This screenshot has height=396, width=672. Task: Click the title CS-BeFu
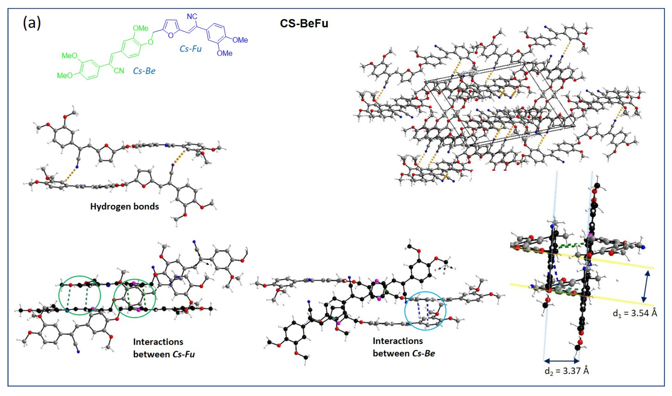[x=304, y=24]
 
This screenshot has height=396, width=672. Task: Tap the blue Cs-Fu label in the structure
[x=190, y=49]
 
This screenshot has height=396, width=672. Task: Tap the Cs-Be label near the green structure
[x=144, y=71]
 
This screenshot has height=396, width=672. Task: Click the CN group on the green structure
[x=119, y=71]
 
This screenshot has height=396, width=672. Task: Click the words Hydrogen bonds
[x=124, y=207]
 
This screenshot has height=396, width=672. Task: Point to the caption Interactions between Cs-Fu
[x=164, y=348]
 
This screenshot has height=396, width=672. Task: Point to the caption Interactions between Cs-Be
[x=403, y=347]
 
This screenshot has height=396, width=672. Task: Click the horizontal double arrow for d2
[x=561, y=361]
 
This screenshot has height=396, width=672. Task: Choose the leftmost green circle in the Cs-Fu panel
[x=80, y=295]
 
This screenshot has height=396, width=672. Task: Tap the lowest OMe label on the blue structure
[x=224, y=53]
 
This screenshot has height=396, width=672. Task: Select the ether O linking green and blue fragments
[x=150, y=42]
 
